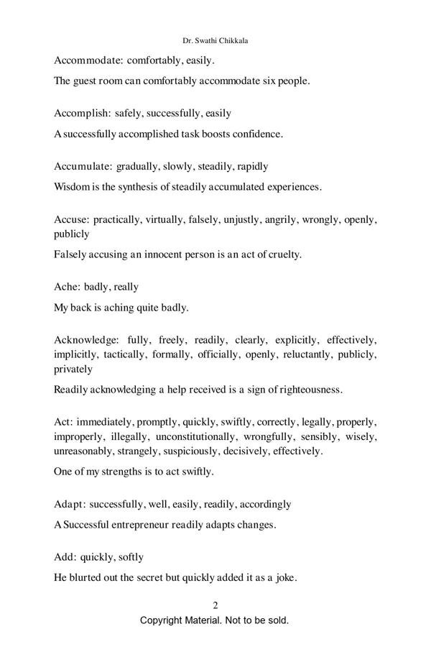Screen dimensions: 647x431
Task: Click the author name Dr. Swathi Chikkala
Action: click(x=215, y=41)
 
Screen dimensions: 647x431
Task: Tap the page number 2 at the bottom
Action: click(x=215, y=605)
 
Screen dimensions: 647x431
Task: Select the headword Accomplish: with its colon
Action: click(x=83, y=113)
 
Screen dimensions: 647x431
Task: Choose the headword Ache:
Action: click(x=67, y=287)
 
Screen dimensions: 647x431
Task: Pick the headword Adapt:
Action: click(x=70, y=504)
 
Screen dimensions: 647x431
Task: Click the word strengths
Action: click(x=124, y=472)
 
